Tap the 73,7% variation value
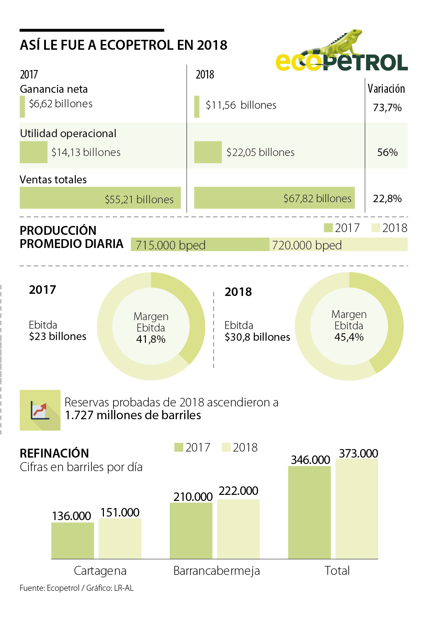point(387,107)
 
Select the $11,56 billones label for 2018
point(241,105)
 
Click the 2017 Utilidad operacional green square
point(33,152)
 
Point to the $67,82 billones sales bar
point(274,198)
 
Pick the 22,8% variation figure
point(387,198)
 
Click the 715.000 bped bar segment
point(200,245)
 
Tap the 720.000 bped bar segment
point(338,245)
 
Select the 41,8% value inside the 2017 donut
point(151,339)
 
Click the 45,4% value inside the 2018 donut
point(349,337)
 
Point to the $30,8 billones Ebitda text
point(257,337)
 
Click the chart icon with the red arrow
point(40,410)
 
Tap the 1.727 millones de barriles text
point(133,415)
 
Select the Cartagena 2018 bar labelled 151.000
point(120,538)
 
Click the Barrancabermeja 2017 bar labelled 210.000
point(191,530)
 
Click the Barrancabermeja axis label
point(217,571)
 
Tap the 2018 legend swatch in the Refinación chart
point(226,447)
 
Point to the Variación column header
point(386,88)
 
